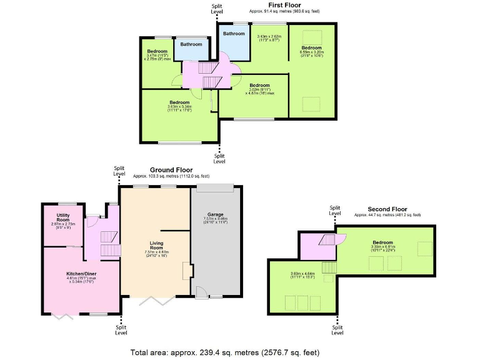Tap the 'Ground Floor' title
tap(171, 170)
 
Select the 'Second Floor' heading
tap(387, 209)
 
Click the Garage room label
tap(216, 214)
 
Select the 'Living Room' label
tap(156, 246)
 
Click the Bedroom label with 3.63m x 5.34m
tap(179, 102)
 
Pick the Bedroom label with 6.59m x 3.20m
tap(311, 48)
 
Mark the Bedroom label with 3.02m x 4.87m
tap(259, 85)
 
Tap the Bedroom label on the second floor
tap(382, 242)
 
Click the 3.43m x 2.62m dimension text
tap(270, 37)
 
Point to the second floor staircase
tap(329, 240)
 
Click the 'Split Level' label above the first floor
tap(216, 9)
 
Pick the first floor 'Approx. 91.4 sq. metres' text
tap(285, 11)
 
